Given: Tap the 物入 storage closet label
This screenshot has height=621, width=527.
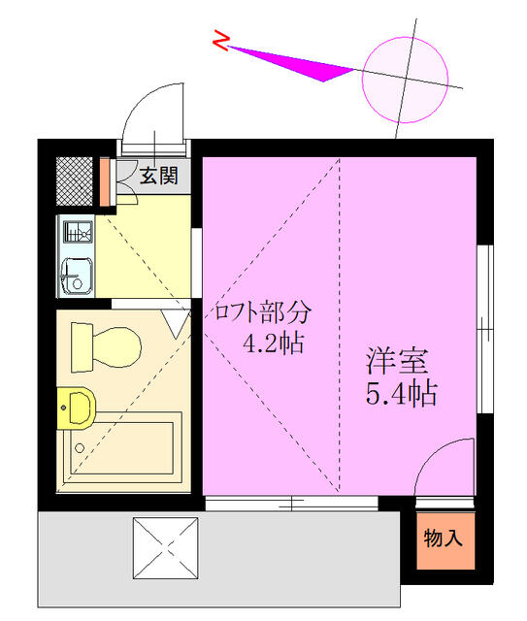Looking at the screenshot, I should (443, 537).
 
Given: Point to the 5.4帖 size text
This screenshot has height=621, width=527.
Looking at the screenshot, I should (400, 394).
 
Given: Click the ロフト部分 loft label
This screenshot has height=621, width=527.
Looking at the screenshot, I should (263, 312).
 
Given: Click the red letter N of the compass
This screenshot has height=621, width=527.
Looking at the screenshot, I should (222, 41).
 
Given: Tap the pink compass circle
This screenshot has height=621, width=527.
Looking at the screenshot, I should (405, 72).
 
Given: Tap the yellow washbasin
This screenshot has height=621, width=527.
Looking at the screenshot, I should (76, 409).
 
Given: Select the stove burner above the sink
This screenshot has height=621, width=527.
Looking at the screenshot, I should (77, 233).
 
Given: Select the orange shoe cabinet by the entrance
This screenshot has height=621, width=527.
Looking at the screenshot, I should (106, 179).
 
